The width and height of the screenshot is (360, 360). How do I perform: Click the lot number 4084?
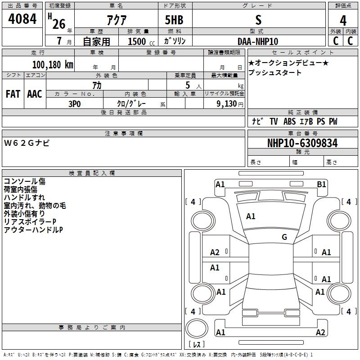[x=22, y=19]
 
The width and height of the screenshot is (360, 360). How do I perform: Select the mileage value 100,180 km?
[x=53, y=65]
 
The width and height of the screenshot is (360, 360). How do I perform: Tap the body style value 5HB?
[x=174, y=20]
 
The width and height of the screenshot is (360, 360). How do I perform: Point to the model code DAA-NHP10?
[x=258, y=41]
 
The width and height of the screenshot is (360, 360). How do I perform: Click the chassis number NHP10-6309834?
[x=302, y=143]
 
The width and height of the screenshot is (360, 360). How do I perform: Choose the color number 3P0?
[x=75, y=104]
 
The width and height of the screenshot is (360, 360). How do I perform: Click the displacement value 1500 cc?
[x=141, y=41]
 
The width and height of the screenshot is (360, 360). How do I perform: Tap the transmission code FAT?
[x=13, y=94]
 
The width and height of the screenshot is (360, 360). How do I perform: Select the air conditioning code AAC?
[x=35, y=94]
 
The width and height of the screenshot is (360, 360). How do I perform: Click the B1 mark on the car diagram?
[x=321, y=184]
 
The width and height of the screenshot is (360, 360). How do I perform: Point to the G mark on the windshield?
[x=284, y=237]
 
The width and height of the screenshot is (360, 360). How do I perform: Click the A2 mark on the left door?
[x=215, y=252]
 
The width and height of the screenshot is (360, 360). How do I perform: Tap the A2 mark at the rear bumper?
[x=320, y=332]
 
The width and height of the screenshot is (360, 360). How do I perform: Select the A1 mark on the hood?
[x=251, y=216]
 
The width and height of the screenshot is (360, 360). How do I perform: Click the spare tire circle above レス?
[x=197, y=328]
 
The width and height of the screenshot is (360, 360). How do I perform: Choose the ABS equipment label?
[x=289, y=121]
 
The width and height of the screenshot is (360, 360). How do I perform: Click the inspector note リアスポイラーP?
[x=30, y=222]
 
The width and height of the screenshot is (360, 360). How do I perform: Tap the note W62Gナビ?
[x=27, y=143]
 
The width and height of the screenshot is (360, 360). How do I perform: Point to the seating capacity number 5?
[x=188, y=85]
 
